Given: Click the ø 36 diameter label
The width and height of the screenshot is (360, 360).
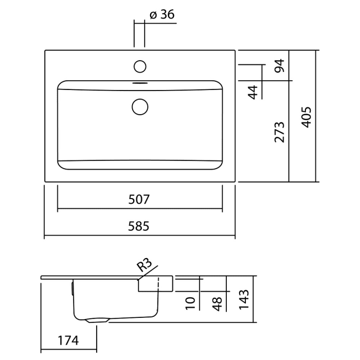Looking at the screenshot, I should tap(162, 14).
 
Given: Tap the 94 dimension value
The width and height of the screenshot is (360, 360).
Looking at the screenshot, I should tap(279, 66).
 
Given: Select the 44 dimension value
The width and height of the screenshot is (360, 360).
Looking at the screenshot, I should tap(253, 93).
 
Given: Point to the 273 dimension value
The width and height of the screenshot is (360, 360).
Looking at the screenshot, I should tap(279, 132).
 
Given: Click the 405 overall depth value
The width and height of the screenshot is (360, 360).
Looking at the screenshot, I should tap(305, 117).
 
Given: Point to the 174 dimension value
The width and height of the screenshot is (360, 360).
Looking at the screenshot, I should tap(68, 340).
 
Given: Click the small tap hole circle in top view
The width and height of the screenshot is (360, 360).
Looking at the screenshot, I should tap(140, 66).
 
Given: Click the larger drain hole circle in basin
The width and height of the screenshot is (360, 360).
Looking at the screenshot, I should tap(140, 106).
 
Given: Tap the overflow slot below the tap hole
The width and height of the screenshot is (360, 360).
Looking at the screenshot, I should tap(140, 81).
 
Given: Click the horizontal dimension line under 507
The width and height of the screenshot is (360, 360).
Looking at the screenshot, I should tap(139, 209).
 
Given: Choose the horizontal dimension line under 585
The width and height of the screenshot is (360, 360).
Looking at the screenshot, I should tap(139, 237).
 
